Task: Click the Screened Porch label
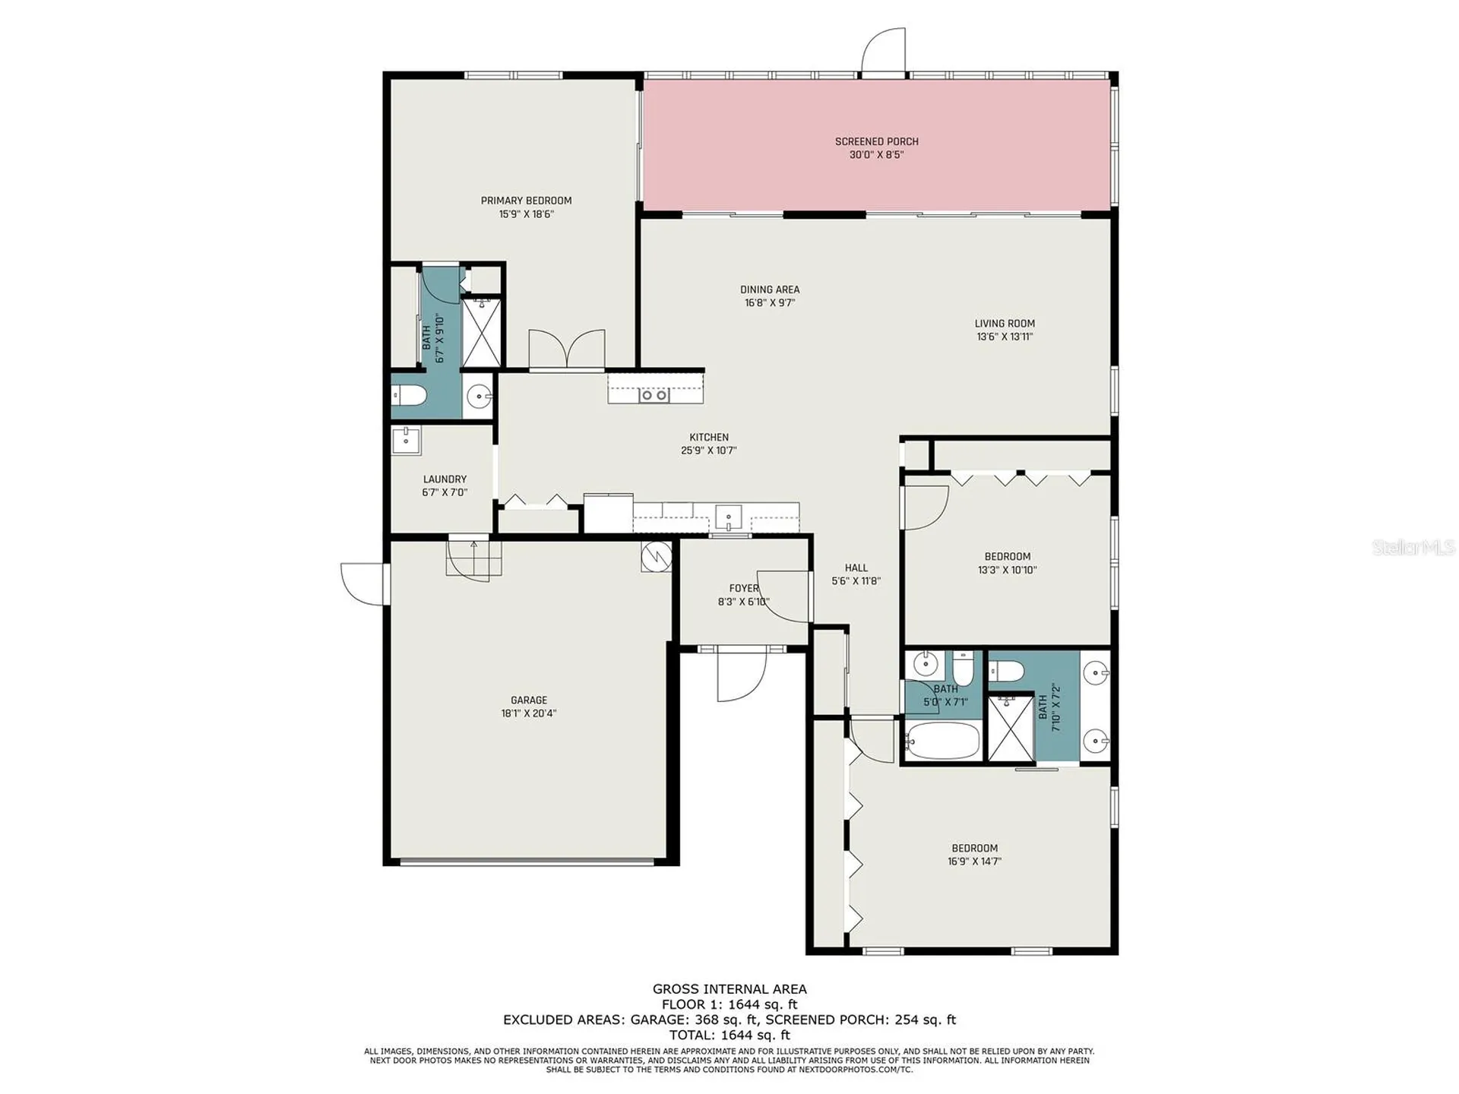click(876, 141)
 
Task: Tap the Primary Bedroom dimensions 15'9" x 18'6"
click(526, 214)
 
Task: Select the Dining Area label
click(769, 289)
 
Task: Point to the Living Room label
click(1004, 324)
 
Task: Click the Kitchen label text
click(708, 438)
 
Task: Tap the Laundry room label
click(445, 479)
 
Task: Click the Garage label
click(528, 700)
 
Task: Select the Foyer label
click(743, 589)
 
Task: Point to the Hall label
click(856, 568)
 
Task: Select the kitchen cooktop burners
click(654, 395)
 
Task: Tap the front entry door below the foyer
click(740, 676)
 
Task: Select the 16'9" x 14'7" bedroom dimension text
click(974, 862)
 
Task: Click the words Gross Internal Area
click(729, 989)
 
